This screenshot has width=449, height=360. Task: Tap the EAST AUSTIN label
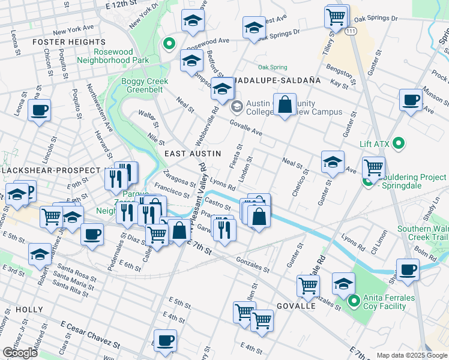(188, 154)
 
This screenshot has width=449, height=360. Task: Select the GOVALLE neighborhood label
(296, 306)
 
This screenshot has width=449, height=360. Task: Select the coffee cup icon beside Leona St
(40, 110)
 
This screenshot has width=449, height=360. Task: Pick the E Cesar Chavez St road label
(89, 335)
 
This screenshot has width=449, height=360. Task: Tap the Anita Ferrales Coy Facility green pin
(354, 301)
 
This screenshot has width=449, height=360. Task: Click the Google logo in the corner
(20, 353)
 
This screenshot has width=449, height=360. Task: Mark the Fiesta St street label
(235, 155)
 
